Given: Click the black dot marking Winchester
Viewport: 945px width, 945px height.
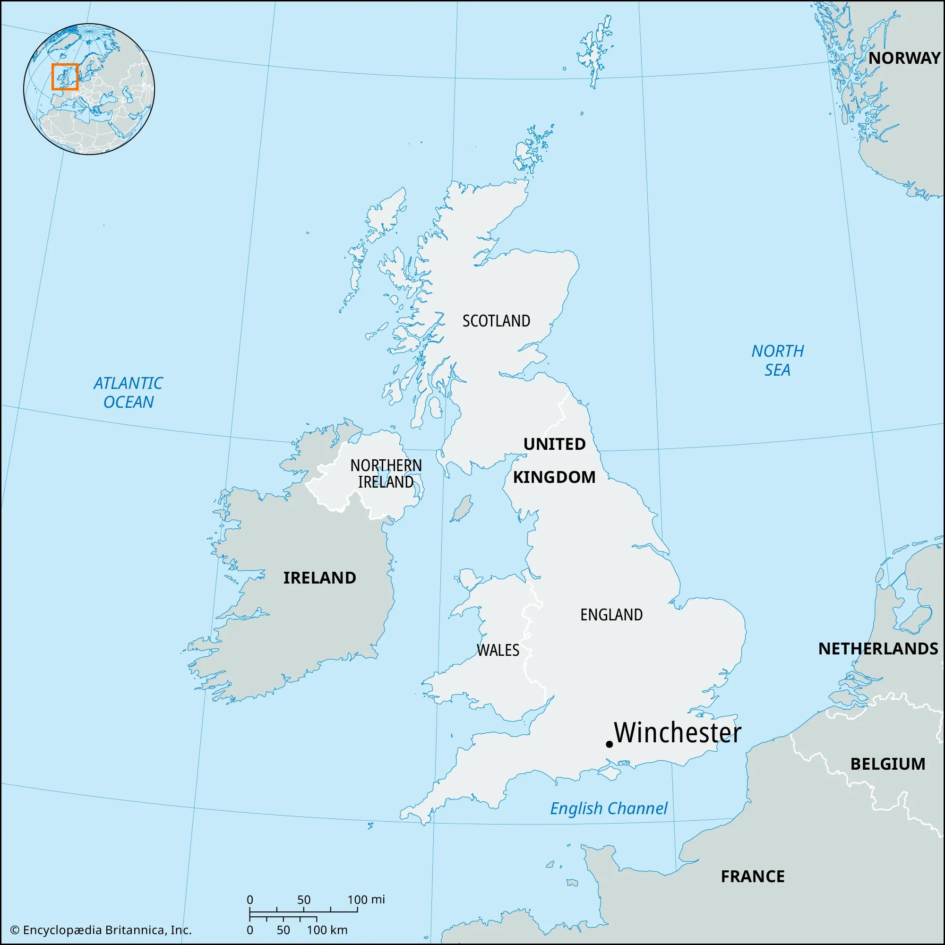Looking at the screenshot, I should coord(609,744).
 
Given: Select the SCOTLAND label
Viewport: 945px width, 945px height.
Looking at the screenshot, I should coord(496,321).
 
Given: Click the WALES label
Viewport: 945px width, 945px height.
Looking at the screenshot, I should coord(498,650).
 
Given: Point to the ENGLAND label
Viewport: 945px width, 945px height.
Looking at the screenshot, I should coord(611,615).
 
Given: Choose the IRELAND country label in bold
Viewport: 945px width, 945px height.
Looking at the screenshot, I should coord(319,578).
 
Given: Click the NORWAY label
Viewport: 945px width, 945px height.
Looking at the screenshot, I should coord(904,58).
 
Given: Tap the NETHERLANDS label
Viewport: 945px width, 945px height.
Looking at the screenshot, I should coord(878,649).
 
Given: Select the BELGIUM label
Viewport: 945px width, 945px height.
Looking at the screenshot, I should coord(887,764).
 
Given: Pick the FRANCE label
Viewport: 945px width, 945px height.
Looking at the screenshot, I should coord(752,876).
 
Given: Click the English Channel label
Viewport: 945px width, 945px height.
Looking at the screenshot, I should coord(609,808).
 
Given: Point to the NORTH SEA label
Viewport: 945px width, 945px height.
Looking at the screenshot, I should coord(777,361).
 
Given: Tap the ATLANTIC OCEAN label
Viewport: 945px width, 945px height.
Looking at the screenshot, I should coord(128,392).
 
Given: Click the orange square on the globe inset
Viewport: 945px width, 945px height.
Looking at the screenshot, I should coord(65,77).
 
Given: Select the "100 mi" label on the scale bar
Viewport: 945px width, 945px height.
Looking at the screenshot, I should coord(366,900).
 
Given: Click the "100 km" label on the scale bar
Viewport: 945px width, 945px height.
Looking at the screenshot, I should coord(327,930).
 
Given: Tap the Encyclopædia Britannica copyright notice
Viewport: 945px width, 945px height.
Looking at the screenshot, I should coord(100,930).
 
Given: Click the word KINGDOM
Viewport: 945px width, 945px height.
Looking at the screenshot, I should coord(554,477).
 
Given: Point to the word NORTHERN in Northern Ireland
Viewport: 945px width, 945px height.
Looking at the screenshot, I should coord(386,465).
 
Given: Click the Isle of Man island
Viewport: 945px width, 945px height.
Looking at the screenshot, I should coord(461,509).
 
